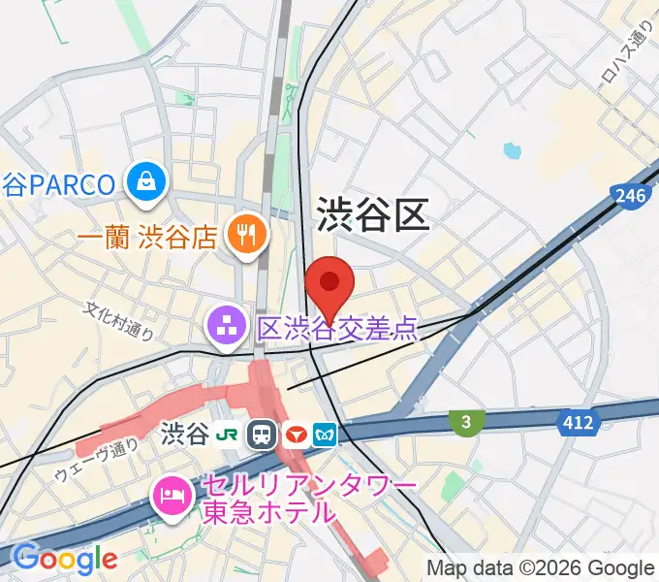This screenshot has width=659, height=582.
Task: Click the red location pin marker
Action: [329, 283]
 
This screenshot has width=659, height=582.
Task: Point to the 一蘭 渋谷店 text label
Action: [146, 237]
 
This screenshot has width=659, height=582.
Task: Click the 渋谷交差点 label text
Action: [337, 329]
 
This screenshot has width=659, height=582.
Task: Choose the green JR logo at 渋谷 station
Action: [229, 433]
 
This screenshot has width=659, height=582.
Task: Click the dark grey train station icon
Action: [262, 433]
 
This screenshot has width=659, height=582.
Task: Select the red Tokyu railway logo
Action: [296, 433]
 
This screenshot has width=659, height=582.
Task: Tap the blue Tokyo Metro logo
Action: [327, 433]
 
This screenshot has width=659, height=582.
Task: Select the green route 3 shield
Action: [466, 420]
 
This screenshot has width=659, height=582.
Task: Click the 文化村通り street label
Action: [118, 322]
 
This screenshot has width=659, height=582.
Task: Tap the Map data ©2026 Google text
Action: [541, 568]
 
